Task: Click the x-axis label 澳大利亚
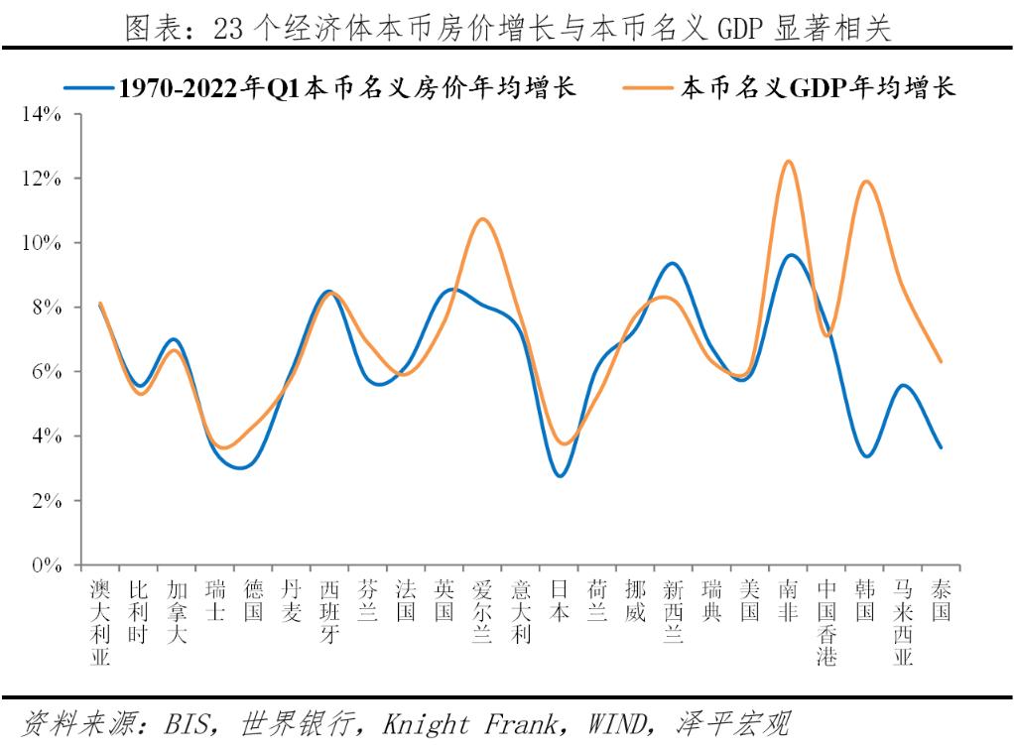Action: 99,623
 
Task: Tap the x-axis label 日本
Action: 559,601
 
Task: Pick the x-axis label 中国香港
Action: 826,623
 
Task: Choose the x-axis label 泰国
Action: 941,601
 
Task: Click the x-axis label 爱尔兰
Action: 482,612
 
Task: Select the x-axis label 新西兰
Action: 673,612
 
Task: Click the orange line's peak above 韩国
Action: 866,181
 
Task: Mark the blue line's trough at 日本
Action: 561,476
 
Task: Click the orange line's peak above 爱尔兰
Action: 482,218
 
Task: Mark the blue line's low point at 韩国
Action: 867,456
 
